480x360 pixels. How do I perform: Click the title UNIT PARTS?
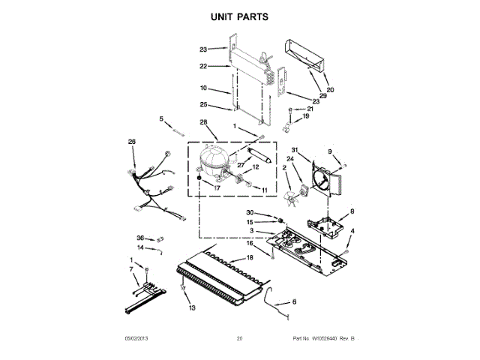(240, 16)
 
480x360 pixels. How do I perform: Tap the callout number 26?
(132, 142)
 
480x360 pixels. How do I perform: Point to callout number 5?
(160, 118)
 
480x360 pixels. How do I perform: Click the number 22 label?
(203, 66)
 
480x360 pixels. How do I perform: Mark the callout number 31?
(295, 148)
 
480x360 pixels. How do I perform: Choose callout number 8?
(352, 211)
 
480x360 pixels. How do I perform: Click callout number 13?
(192, 307)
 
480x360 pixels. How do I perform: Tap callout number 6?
(294, 301)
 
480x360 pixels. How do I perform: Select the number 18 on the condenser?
(250, 257)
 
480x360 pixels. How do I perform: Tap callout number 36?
(140, 238)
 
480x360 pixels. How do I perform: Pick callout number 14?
(140, 247)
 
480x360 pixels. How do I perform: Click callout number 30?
(251, 212)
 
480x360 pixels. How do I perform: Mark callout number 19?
(305, 116)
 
